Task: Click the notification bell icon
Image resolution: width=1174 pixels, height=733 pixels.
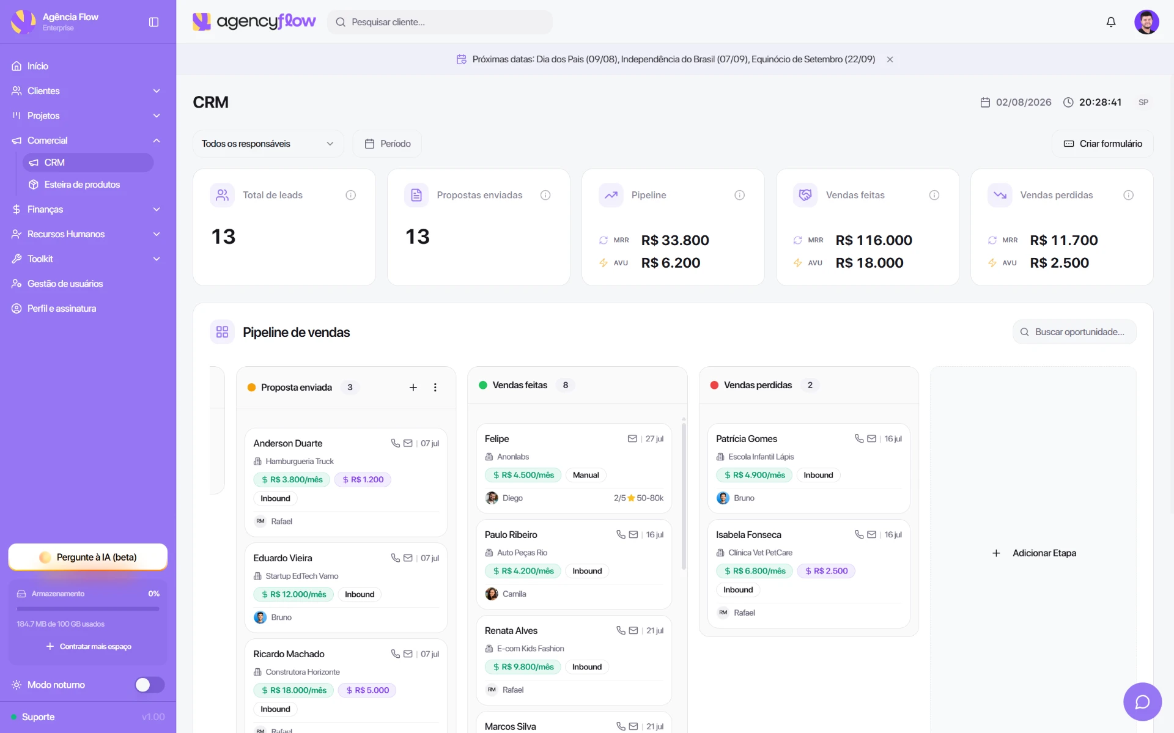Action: pos(1111,22)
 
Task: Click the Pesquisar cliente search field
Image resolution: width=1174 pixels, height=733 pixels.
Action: pos(440,22)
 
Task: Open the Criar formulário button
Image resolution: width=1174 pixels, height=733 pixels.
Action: pos(1102,144)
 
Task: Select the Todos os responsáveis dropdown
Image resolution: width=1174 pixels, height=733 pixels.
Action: pos(268,144)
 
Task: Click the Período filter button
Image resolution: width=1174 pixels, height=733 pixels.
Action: pos(388,144)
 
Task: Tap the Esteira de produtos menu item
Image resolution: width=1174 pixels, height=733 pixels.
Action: pos(82,185)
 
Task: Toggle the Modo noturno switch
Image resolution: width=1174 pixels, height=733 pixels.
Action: pos(150,685)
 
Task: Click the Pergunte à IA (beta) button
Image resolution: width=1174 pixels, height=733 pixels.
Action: pos(87,557)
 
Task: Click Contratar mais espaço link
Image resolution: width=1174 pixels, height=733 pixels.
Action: pos(89,646)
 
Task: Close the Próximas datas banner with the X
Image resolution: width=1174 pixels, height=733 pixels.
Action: pos(890,59)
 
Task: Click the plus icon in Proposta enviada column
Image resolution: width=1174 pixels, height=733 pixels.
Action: pos(413,388)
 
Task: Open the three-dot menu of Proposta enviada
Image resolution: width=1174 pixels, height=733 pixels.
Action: pos(435,388)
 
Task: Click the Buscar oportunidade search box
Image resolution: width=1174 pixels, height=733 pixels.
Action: pos(1074,332)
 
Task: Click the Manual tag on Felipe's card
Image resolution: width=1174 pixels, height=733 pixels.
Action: pos(586,475)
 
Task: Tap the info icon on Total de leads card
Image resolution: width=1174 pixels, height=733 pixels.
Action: pos(350,195)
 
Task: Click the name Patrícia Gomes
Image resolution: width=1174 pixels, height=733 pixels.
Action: pos(747,439)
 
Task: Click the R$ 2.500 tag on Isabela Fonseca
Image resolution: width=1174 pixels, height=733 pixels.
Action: pos(826,571)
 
